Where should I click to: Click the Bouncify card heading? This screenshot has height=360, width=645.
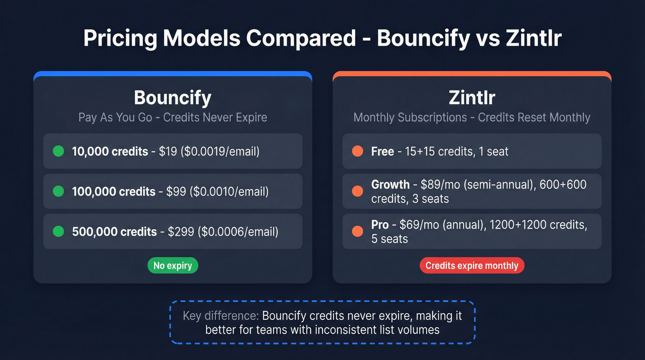(173, 98)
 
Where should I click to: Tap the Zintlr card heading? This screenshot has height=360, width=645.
(472, 98)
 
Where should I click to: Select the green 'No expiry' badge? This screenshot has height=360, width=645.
(173, 266)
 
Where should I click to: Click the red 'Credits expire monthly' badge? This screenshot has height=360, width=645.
(472, 266)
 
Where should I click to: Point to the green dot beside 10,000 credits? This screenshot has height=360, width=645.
(59, 151)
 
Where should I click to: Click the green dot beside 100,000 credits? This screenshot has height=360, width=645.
(59, 191)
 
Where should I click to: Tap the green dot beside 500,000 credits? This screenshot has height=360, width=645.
(59, 231)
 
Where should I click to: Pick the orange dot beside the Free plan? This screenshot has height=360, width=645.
(358, 151)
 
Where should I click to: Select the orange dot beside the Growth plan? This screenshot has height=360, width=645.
(358, 191)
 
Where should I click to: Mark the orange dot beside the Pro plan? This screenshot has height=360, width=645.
(358, 231)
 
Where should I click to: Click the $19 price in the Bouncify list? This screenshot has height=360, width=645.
(168, 151)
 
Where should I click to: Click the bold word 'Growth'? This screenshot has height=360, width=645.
(390, 185)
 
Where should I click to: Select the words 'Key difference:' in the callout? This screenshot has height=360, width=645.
(221, 316)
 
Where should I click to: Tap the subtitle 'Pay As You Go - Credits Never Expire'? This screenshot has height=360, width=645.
(173, 117)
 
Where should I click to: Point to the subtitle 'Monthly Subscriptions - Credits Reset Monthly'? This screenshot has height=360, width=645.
(472, 117)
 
